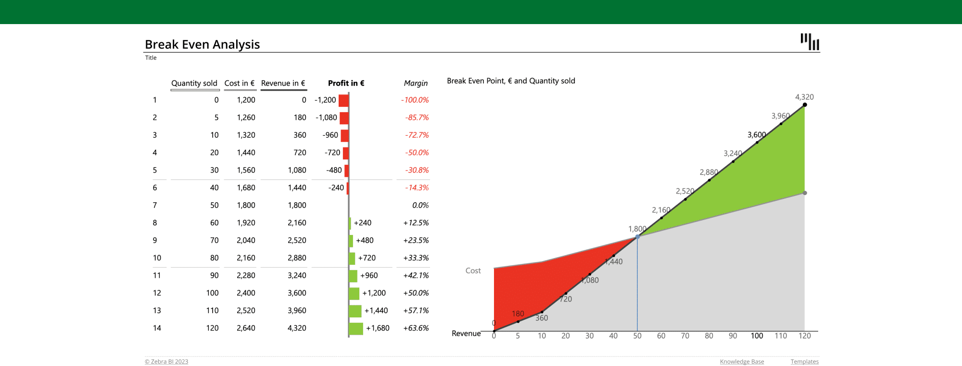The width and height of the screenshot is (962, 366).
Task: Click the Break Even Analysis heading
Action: coord(202,44)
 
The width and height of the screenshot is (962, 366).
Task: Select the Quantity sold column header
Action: coord(194,83)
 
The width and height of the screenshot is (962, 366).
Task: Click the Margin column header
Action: coord(416,83)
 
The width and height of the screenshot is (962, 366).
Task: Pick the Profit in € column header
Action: coord(346,83)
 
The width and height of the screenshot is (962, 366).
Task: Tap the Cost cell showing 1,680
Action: coord(246,188)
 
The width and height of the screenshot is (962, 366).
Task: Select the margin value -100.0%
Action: coord(415,100)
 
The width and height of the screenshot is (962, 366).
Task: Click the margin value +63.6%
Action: coord(416,328)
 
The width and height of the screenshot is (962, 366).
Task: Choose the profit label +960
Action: coord(369,275)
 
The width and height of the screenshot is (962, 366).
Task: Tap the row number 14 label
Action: coord(157,328)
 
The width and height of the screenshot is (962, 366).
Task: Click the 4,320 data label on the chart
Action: coord(804,97)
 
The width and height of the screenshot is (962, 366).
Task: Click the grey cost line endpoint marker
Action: coord(805,193)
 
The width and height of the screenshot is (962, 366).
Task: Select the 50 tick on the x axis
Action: coord(637,336)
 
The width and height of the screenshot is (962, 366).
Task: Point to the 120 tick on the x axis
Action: coord(805,336)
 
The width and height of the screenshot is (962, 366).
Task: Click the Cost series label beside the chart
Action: coord(473,271)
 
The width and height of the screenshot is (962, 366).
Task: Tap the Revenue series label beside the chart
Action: coord(466,334)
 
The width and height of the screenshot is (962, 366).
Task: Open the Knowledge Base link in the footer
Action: coord(742,362)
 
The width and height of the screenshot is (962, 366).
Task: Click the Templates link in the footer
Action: coord(804,362)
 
